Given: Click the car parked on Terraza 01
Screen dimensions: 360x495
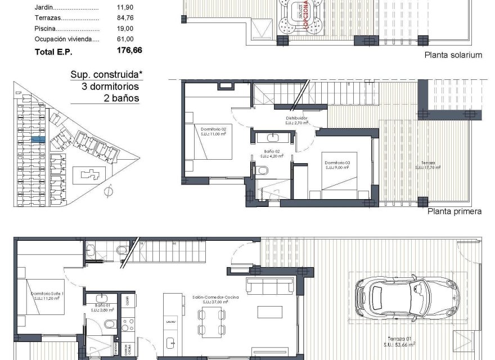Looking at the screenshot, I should click(x=403, y=301).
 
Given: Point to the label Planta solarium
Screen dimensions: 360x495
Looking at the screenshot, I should click(x=454, y=55).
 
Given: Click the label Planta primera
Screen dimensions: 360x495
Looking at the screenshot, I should click(x=454, y=211).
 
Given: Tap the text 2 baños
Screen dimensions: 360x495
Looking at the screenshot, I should click(x=121, y=98).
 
